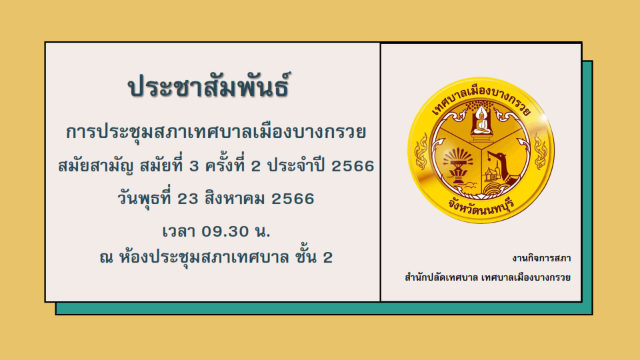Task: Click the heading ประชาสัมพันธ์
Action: click(x=209, y=85)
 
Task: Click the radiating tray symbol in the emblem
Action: click(x=457, y=162)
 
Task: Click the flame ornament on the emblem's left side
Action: click(x=421, y=151)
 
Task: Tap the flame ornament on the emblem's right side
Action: click(x=540, y=151)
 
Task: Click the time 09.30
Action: click(x=225, y=231)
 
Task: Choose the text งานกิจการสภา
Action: click(x=541, y=258)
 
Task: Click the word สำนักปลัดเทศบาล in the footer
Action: click(x=441, y=277)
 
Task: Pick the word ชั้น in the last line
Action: click(x=305, y=257)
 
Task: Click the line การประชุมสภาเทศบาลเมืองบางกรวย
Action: click(x=216, y=132)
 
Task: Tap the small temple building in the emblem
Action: click(x=492, y=174)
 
